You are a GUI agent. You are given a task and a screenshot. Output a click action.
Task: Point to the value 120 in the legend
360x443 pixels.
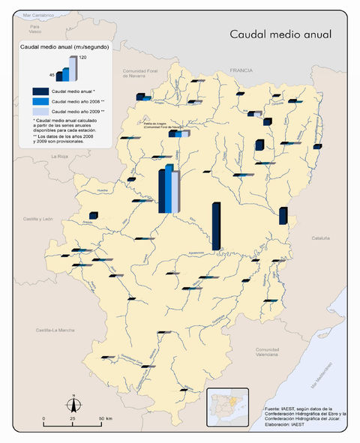pos(83,58)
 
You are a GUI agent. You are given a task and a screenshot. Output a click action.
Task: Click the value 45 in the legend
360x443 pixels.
pos(52,75)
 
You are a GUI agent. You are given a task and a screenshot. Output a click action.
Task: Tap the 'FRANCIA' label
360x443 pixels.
pos(243,68)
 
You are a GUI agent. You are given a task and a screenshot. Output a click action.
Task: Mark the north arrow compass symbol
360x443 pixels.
pos(73,403)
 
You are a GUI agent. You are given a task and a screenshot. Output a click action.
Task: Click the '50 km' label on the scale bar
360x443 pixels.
pos(104,418)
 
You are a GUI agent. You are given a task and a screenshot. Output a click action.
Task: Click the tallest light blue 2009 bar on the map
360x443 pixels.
pos(175,191)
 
